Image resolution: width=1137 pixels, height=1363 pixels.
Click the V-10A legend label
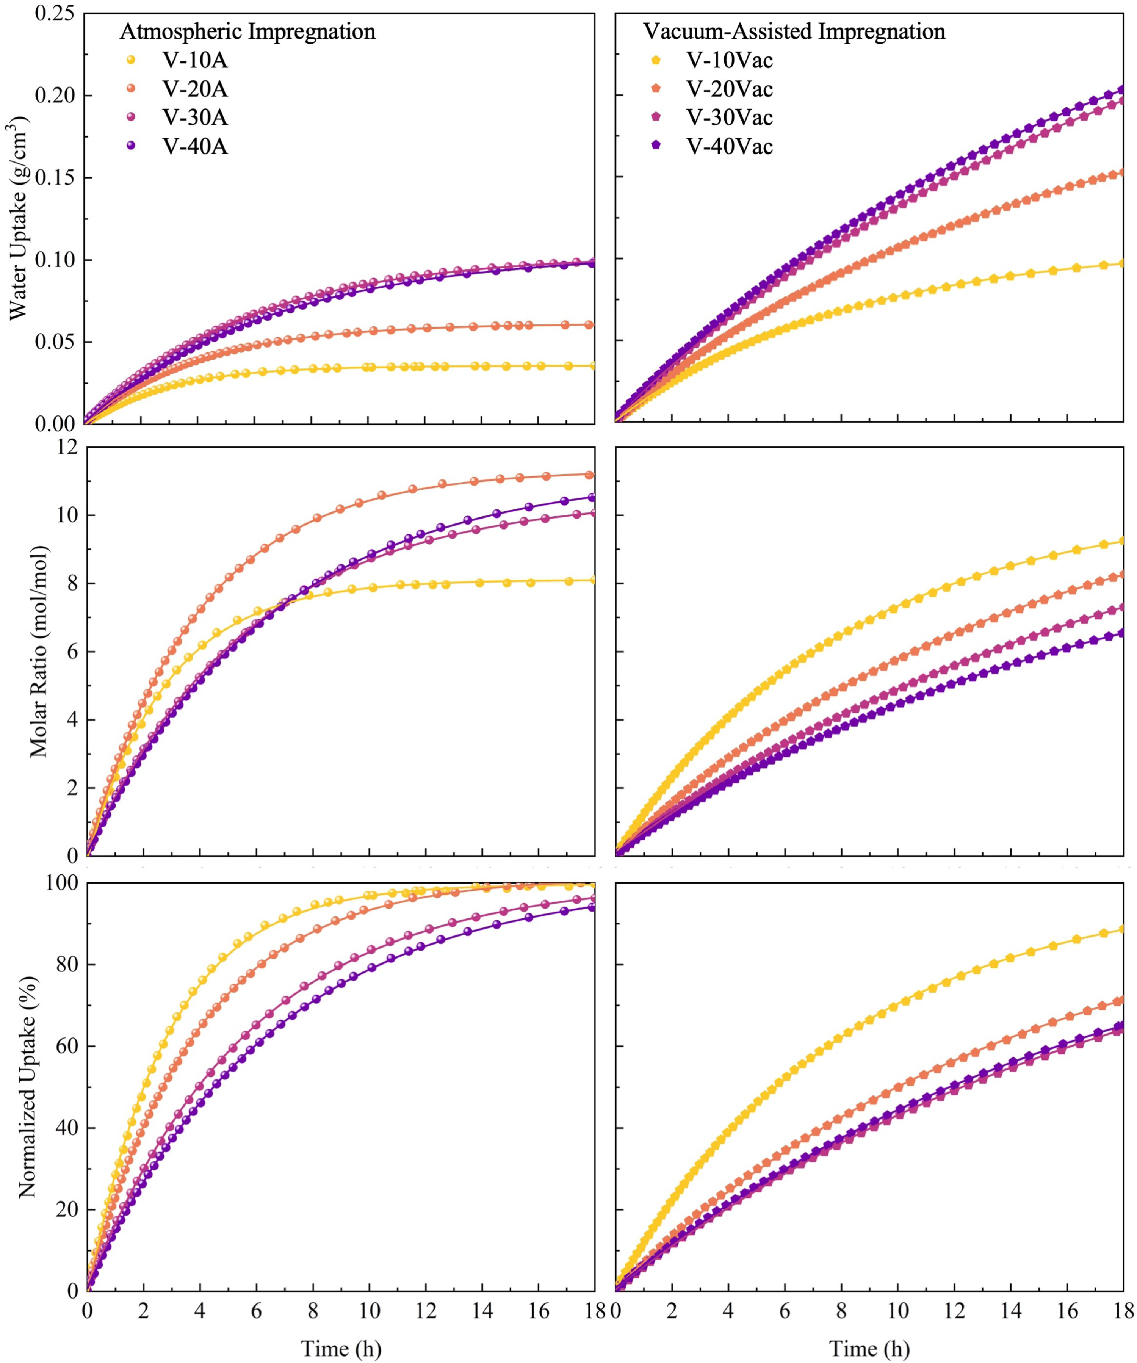pos(195,60)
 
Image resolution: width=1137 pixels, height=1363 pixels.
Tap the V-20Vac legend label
pos(730,89)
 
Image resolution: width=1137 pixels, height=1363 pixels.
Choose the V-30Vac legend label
pos(730,117)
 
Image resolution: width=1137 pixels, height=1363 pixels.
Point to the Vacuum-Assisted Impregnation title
pos(794,31)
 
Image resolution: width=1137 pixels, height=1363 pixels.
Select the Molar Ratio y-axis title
pos(39,651)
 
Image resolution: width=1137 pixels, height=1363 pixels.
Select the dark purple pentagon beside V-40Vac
pos(656,146)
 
